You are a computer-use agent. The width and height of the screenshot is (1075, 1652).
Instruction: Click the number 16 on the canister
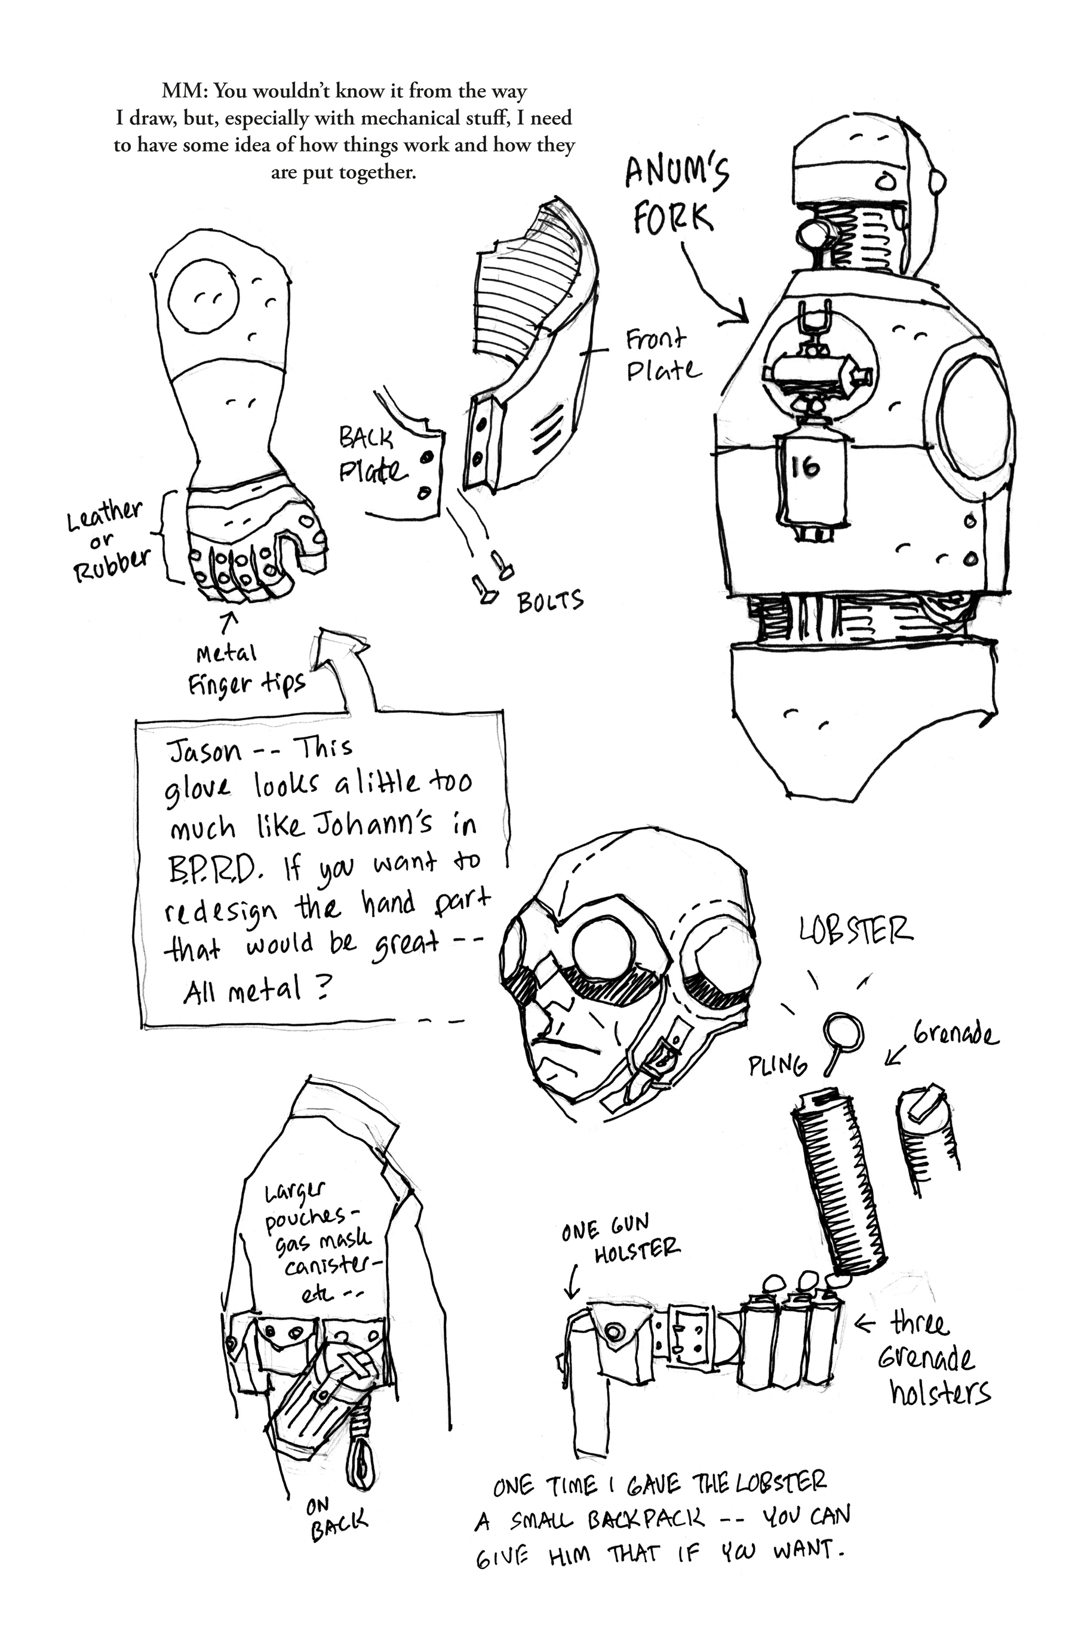(x=805, y=467)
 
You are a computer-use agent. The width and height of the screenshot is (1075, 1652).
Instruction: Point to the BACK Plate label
(x=371, y=455)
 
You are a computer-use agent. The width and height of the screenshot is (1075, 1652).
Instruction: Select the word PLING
(x=777, y=1065)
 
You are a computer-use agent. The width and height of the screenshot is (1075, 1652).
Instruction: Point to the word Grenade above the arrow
(x=955, y=1034)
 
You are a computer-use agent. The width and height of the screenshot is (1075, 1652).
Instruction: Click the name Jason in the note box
(x=205, y=751)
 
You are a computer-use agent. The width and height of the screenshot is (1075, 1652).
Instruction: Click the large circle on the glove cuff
(x=204, y=297)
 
